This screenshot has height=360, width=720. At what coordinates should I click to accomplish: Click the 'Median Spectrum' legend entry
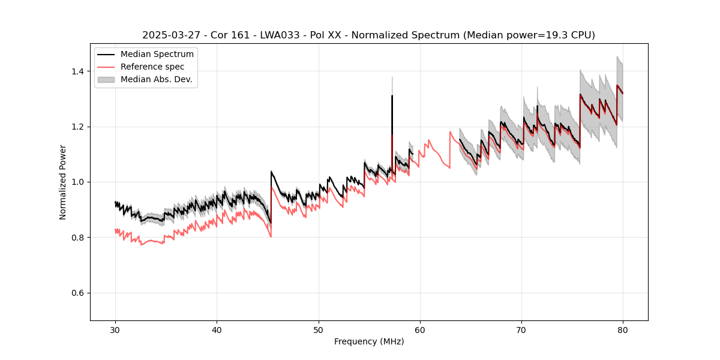coord(157,55)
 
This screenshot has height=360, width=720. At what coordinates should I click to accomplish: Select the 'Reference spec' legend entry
coord(152,67)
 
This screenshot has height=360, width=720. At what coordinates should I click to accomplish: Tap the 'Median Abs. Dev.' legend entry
coord(157,79)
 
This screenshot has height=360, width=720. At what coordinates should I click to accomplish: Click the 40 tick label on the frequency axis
coord(217,329)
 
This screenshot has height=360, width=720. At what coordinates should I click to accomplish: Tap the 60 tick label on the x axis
coord(420,329)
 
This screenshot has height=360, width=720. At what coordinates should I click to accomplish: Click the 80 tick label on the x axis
coord(623,329)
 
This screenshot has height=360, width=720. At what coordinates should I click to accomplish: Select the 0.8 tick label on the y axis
coord(79,238)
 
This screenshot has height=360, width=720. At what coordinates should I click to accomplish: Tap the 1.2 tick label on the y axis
coord(79,127)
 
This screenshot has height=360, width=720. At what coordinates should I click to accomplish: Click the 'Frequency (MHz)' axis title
coord(369,341)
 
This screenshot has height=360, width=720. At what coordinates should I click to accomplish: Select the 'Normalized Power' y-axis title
coord(63,182)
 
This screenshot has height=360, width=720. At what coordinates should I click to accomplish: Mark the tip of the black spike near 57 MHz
coord(392,95)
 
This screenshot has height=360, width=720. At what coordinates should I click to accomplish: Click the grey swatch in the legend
coord(107,79)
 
